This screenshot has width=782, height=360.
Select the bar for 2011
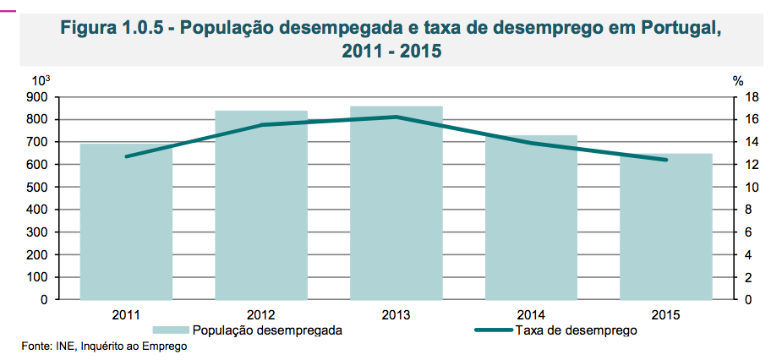click(126, 221)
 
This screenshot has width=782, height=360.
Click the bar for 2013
click(396, 203)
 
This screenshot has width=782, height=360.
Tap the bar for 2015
click(666, 226)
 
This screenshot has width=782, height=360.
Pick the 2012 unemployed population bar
click(261, 205)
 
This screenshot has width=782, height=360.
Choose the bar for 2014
click(531, 217)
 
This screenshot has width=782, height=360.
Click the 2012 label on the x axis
click(261, 315)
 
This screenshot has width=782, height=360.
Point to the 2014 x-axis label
click(531, 315)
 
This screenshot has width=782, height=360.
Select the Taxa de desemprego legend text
click(576, 330)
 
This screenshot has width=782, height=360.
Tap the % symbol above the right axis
click(738, 81)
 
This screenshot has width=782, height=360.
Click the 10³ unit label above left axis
click(41, 80)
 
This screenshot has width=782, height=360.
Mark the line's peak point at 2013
click(396, 117)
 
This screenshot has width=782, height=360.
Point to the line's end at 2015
click(666, 160)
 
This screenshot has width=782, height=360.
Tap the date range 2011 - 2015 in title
click(391, 50)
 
